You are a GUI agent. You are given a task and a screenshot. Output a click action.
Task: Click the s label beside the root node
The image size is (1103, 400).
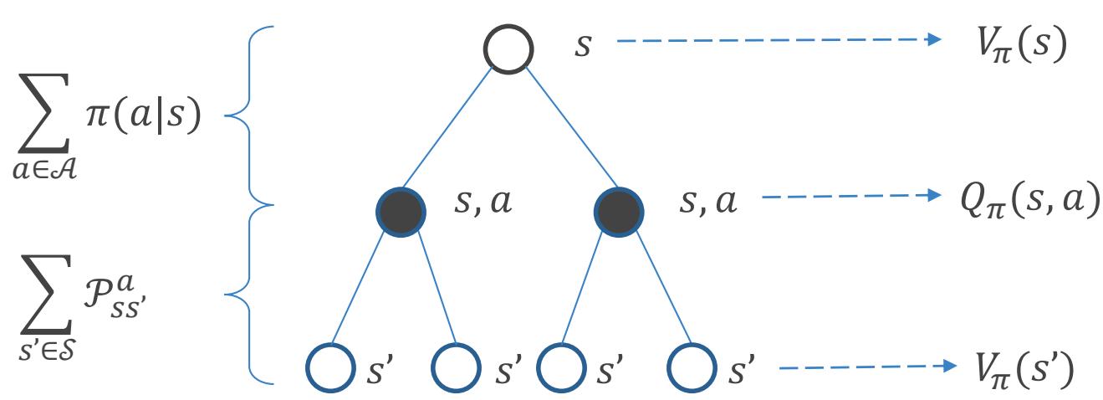[x=582, y=46]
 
